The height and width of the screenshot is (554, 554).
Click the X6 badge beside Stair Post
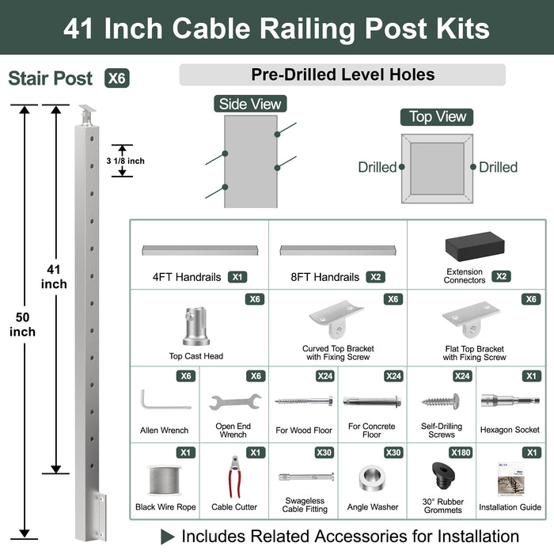click(x=116, y=78)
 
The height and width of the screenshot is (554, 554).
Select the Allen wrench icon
click(x=164, y=399)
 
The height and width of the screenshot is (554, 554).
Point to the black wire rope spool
click(x=165, y=480)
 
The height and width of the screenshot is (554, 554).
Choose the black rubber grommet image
click(x=441, y=478)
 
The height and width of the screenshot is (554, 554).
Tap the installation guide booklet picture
click(x=510, y=479)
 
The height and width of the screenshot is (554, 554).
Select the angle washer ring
click(x=372, y=479)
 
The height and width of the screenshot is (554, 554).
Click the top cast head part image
click(x=195, y=326)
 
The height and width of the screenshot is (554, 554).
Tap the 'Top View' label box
click(x=438, y=117)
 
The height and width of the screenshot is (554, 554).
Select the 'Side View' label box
click(x=249, y=104)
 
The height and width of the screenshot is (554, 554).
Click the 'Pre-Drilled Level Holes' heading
click(x=343, y=75)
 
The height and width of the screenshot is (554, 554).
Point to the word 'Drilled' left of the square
click(x=377, y=167)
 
